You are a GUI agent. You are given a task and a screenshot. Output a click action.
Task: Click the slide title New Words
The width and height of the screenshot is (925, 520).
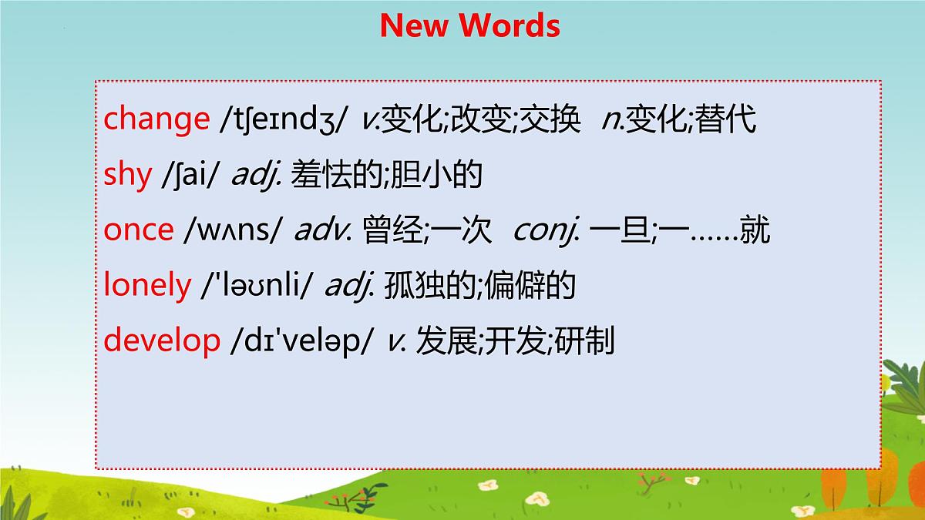[469, 26]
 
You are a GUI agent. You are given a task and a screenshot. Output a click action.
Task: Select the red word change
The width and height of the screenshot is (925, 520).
[156, 119]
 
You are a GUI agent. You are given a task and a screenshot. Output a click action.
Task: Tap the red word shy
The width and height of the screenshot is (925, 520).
[128, 175]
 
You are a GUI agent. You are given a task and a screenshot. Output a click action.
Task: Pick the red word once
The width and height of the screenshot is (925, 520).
[139, 230]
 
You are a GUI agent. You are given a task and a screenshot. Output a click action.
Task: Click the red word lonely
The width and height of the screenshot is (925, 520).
[147, 286]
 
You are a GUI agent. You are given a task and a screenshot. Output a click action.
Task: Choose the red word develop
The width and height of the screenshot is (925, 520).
[162, 341]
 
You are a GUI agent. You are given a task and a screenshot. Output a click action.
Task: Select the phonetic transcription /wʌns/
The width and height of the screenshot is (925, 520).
[234, 230]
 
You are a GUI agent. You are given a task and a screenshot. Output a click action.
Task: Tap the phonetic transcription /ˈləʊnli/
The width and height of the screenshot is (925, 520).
[257, 286]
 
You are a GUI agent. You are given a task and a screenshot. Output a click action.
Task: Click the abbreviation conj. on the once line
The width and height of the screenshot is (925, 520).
[546, 230]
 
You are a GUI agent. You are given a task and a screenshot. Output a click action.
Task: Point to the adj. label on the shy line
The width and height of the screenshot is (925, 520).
[247, 175]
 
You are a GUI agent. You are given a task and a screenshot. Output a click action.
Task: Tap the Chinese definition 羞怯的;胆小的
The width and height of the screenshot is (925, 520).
[387, 175]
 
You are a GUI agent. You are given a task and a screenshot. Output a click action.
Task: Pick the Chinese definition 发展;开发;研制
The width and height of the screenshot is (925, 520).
[515, 341]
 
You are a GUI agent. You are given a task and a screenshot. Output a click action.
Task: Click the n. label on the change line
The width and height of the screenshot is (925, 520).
[613, 119]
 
